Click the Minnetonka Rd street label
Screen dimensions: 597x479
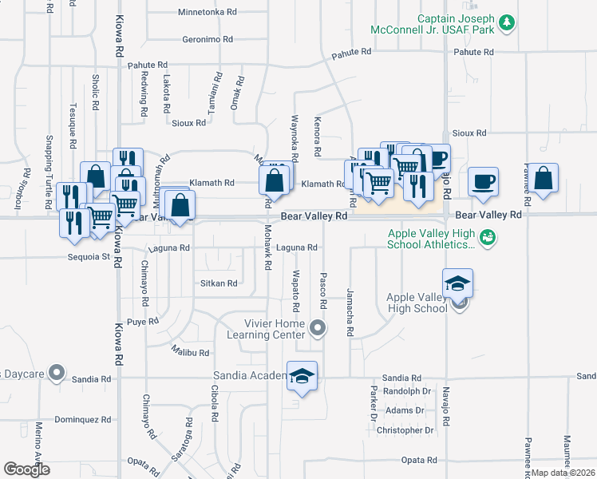coord(208,13)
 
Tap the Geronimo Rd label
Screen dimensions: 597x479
coord(208,39)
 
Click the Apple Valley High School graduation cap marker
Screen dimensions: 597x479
coord(458,283)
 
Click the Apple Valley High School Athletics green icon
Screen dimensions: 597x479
coord(489,237)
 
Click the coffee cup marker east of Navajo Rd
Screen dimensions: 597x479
coord(483,181)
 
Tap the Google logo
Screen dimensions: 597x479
coord(26,469)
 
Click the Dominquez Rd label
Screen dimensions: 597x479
coord(82,419)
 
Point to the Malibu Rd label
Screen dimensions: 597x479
coord(189,352)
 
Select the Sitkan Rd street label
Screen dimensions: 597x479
coord(218,283)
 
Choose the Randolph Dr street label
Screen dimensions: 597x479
coord(407,391)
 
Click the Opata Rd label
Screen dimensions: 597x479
coord(419,460)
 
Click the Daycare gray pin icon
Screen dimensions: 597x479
coord(56,373)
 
